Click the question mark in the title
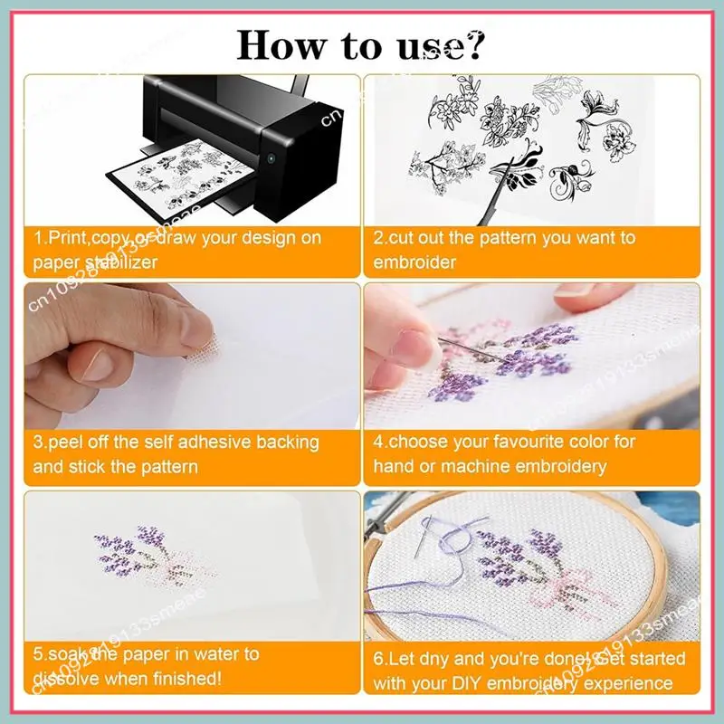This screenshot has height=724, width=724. tap(474, 42)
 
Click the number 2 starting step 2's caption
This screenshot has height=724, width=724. tap(379, 239)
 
